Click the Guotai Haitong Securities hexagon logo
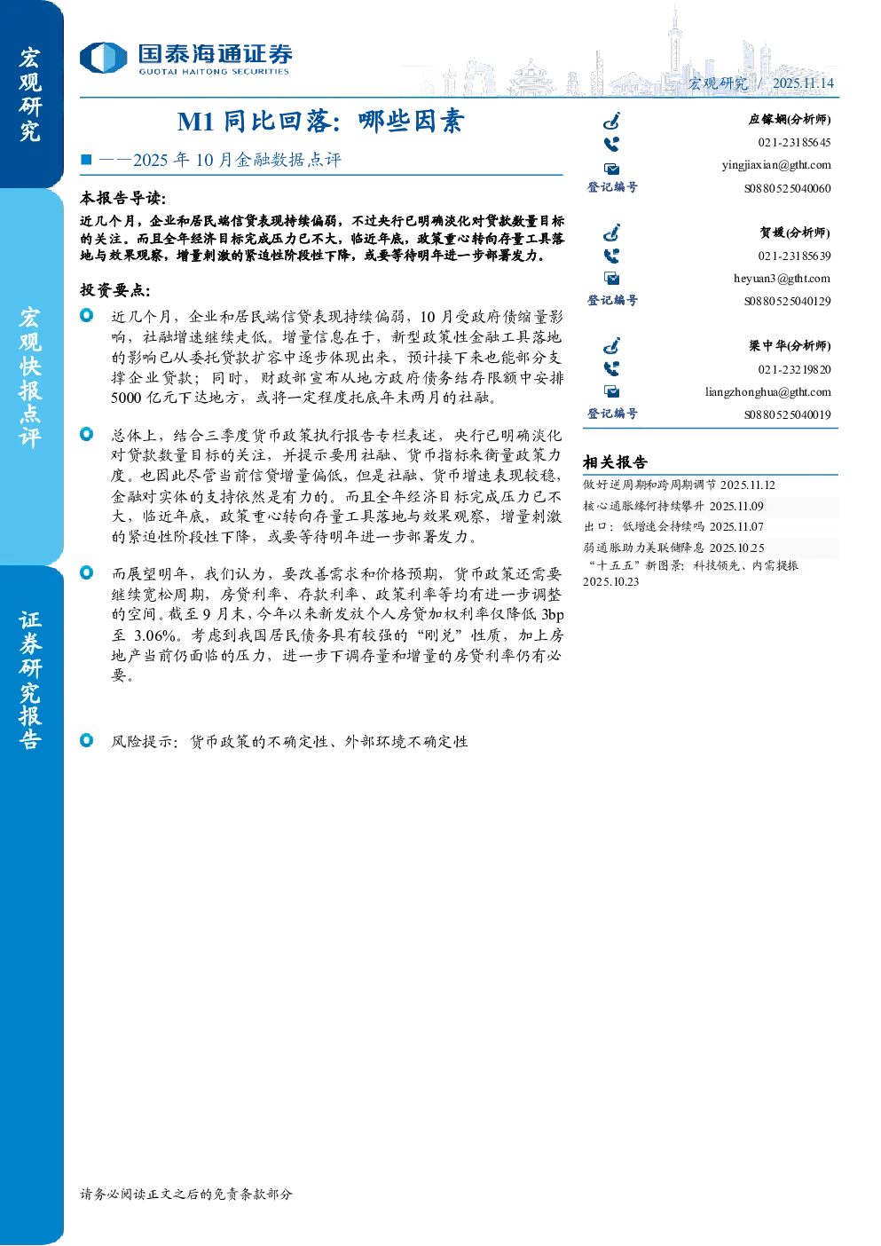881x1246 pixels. point(104,58)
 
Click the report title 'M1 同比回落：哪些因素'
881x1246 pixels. point(321,122)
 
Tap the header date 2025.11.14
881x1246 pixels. point(803,83)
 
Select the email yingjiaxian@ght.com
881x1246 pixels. point(776,165)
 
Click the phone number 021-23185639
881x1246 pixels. point(794,256)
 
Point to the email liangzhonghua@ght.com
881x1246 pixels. point(768,392)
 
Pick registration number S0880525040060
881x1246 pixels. point(788,188)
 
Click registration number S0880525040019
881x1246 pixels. point(788,415)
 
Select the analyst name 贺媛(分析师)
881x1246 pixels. point(795,233)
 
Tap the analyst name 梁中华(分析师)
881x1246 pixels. point(790,346)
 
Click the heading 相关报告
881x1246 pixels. point(615,462)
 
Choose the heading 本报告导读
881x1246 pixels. point(123,198)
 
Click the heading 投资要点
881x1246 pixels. point(115,290)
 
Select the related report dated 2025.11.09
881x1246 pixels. point(673,506)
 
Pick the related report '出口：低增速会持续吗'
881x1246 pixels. point(644,527)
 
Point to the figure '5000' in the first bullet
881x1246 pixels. point(126,398)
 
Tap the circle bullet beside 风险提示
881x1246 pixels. point(87,740)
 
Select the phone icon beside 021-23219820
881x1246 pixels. point(611,369)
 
